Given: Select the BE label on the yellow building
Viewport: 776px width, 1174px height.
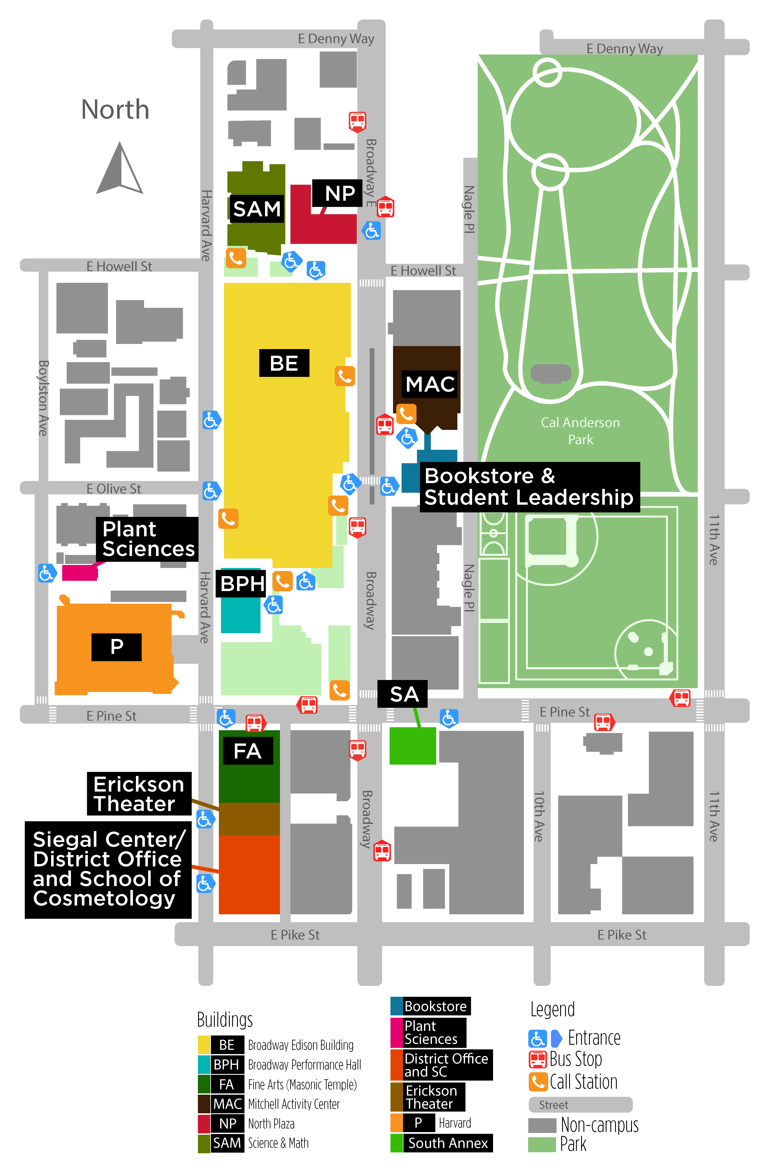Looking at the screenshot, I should point(284,363).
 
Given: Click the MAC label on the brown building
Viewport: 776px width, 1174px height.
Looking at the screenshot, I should point(430,384).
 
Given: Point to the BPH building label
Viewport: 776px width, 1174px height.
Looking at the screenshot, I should point(243,584).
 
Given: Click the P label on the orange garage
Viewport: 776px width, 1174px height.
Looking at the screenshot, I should point(117,646).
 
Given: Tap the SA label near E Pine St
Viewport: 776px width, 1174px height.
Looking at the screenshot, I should point(404,694).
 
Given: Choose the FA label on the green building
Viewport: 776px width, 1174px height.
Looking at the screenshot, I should point(247,751).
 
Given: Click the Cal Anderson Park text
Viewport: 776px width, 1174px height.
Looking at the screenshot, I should point(580,431).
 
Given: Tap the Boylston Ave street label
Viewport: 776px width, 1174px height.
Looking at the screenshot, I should point(44,398).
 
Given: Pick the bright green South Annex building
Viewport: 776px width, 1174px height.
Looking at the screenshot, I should point(413,745).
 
